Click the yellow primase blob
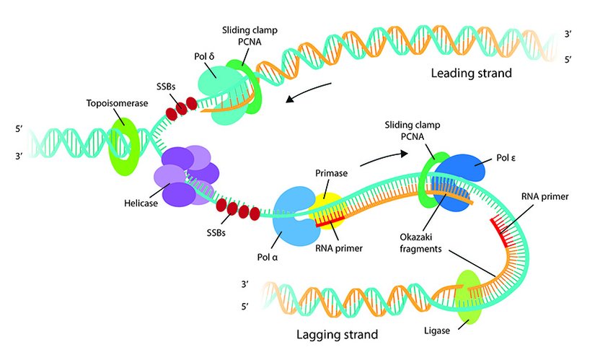click(325, 203)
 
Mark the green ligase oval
click(470, 297)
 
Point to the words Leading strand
click(472, 73)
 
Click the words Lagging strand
click(337, 335)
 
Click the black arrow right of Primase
click(382, 156)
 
